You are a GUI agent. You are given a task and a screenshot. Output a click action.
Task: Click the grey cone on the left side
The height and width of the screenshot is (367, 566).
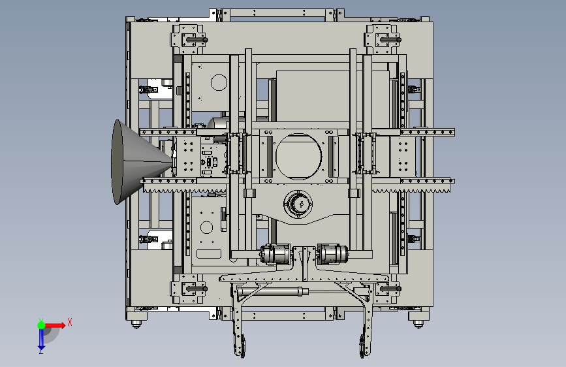(x=134, y=163)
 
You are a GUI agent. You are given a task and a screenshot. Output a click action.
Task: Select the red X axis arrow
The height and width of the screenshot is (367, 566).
(x=55, y=325)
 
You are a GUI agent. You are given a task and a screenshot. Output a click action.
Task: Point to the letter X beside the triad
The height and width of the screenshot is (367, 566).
(x=70, y=322)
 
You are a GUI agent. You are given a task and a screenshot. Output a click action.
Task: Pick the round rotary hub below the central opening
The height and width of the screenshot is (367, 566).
(x=298, y=204)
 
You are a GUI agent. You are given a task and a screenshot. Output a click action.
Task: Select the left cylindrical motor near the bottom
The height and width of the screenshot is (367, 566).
(x=275, y=254)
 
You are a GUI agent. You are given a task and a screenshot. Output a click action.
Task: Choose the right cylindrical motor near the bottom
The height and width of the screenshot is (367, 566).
(x=332, y=254)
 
